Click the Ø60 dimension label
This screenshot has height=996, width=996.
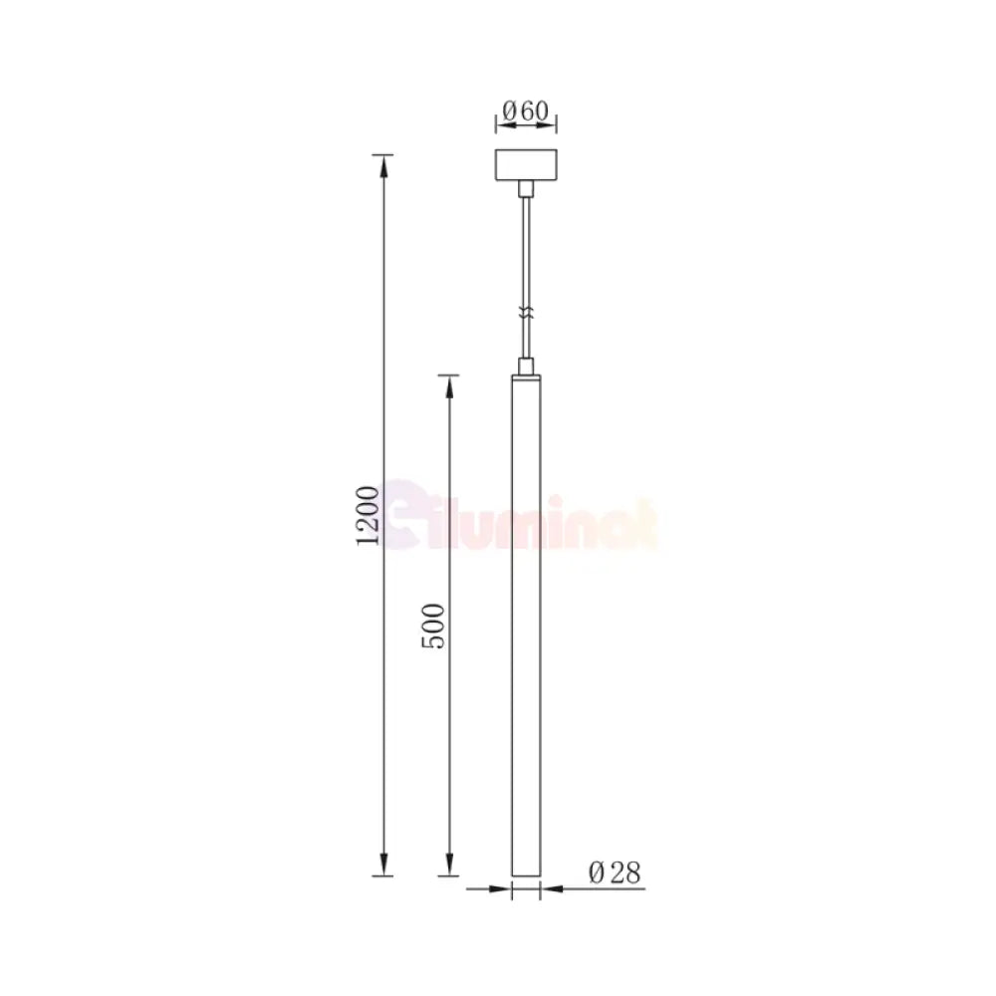[526, 112]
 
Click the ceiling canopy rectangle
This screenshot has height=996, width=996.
[527, 165]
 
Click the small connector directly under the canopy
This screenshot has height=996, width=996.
[527, 188]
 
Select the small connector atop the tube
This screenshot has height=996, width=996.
[527, 366]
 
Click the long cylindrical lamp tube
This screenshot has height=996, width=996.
[527, 618]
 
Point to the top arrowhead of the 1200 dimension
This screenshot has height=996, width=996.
[381, 162]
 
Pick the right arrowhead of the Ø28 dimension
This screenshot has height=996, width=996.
[548, 888]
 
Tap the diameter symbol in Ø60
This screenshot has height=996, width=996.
[507, 112]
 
